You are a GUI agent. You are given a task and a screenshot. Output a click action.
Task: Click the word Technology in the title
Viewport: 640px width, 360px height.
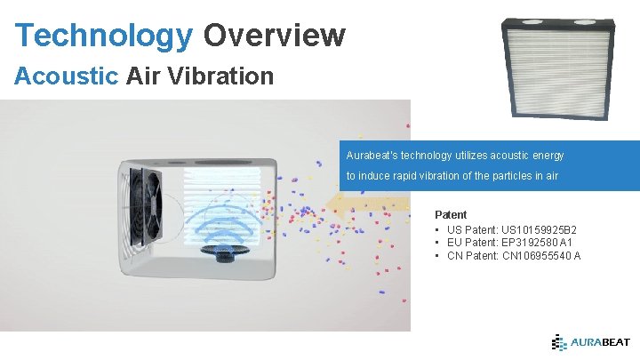click(x=104, y=35)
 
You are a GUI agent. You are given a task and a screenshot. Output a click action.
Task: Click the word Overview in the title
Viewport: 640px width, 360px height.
click(x=274, y=35)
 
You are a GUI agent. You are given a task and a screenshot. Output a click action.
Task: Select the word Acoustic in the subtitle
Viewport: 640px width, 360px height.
click(x=66, y=76)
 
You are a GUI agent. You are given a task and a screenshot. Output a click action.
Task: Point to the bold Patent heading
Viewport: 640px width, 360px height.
click(x=450, y=215)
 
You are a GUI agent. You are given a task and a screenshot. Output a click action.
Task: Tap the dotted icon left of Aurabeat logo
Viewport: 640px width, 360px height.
click(x=559, y=341)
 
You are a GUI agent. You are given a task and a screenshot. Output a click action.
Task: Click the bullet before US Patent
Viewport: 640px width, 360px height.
click(x=438, y=229)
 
